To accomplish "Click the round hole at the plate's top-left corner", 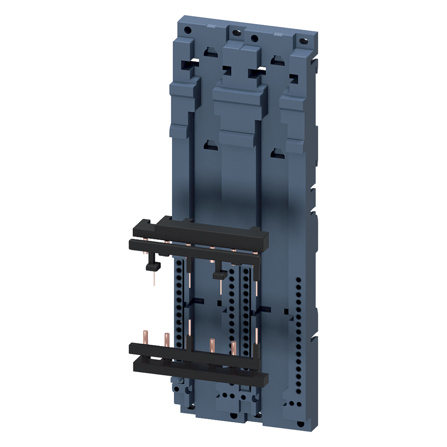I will point(187,30).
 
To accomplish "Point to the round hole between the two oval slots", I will point(254,38).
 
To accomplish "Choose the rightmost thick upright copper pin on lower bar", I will point(234,347).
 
